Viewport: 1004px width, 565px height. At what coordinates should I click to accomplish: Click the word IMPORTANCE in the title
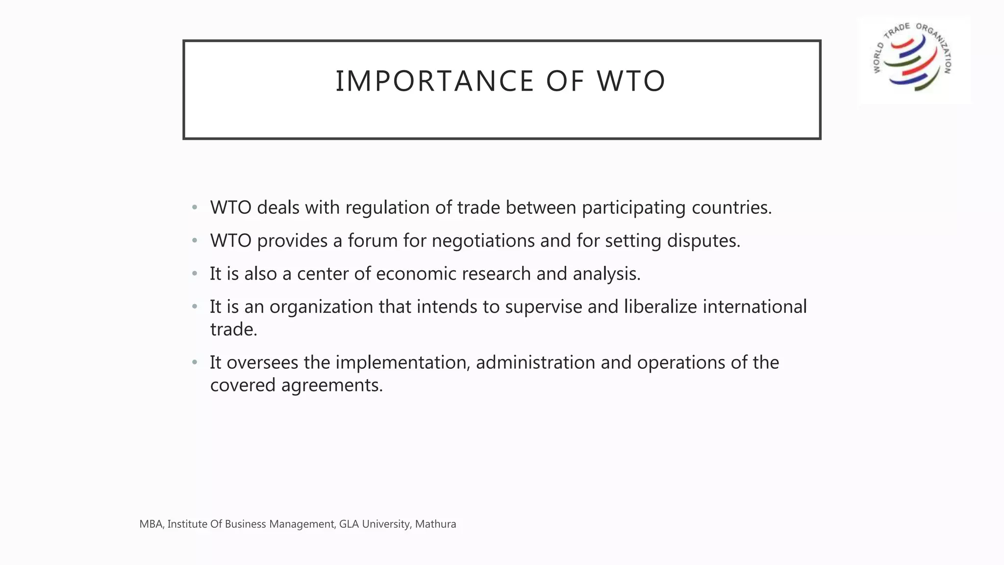[x=434, y=81]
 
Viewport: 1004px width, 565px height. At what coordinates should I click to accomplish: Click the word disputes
[x=703, y=241]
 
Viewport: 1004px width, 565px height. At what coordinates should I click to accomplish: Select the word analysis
[x=606, y=274]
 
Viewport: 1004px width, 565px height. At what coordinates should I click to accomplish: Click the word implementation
[x=402, y=362]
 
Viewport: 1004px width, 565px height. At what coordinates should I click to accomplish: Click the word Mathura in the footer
[x=435, y=524]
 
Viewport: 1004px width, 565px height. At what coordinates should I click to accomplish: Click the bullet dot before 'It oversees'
[x=195, y=362]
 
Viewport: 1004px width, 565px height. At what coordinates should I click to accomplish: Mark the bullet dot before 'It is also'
[x=195, y=274]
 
